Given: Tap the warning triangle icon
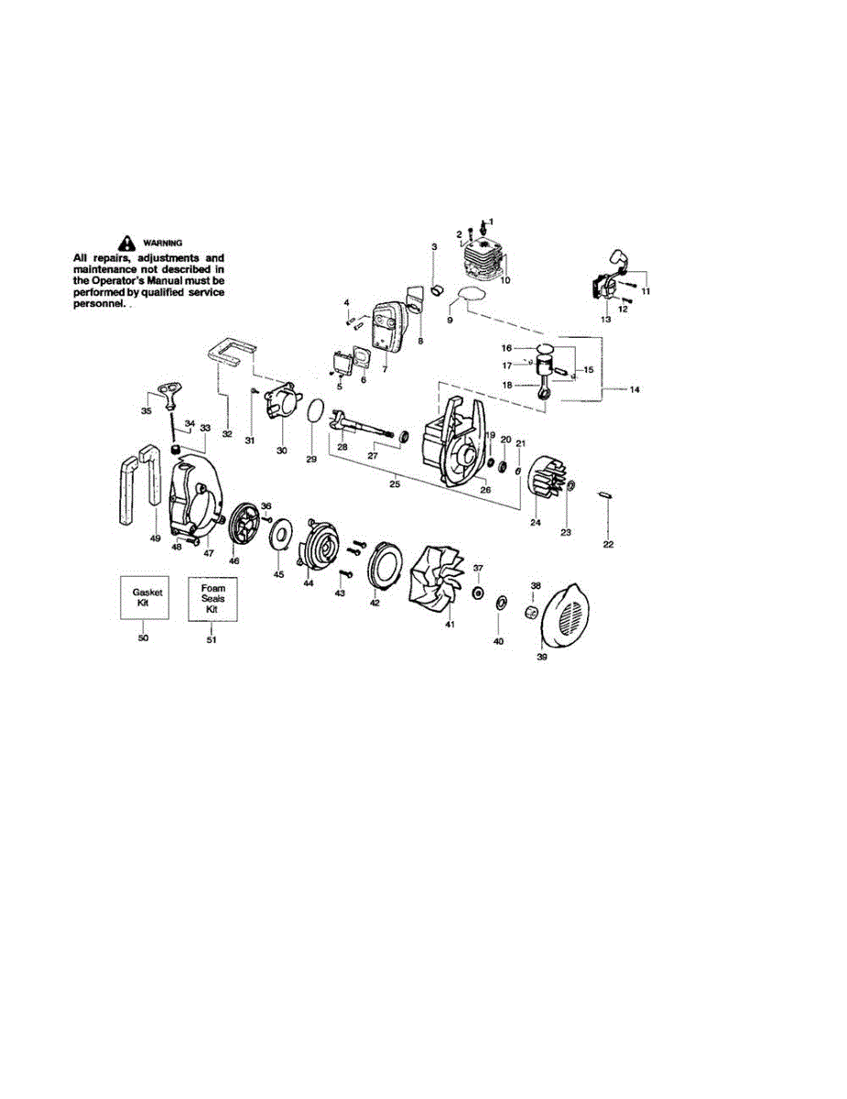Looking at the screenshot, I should pyautogui.click(x=125, y=243).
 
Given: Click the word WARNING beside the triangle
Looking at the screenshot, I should pyautogui.click(x=164, y=243).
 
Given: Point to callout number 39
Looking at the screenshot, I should pyautogui.click(x=541, y=656).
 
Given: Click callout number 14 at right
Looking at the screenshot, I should pyautogui.click(x=635, y=389).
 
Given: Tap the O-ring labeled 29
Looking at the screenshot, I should pyautogui.click(x=313, y=412).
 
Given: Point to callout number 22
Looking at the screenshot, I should pyautogui.click(x=609, y=545).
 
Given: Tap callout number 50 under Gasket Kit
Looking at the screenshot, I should pyautogui.click(x=143, y=637).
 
